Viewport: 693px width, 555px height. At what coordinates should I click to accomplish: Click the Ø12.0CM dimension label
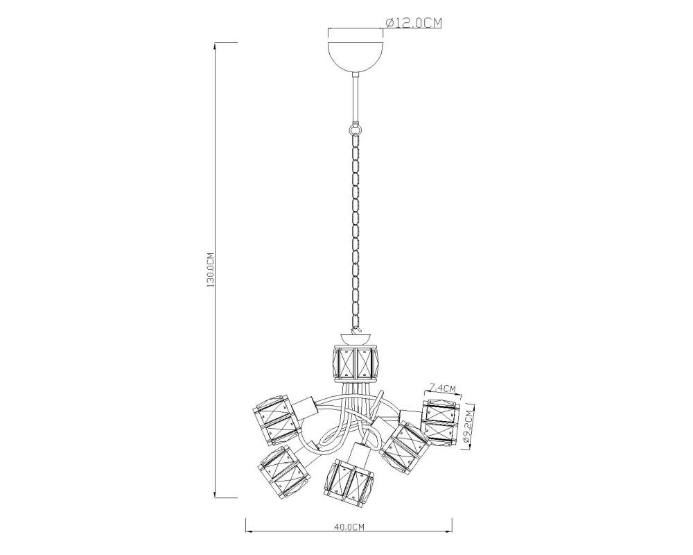[414, 23]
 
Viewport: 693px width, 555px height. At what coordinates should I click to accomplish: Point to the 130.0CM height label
[211, 271]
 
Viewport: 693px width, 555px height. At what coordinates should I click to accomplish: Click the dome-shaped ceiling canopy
[356, 58]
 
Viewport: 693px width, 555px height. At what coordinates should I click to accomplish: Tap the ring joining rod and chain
[356, 130]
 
